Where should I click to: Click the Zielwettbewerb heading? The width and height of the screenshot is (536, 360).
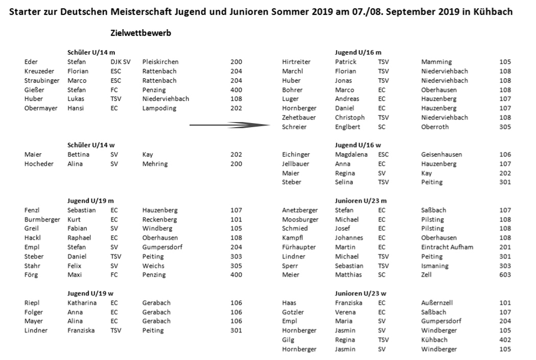141,33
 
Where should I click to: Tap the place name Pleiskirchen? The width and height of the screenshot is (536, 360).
160,62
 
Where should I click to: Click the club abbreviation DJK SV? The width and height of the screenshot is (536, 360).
121,62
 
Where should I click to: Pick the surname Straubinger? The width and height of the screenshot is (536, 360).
42,81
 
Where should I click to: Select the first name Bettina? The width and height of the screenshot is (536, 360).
78,155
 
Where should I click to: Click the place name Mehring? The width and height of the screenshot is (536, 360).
155,164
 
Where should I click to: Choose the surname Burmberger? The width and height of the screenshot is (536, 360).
42,220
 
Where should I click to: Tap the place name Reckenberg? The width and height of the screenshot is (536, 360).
159,220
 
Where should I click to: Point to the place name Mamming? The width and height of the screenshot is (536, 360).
436,62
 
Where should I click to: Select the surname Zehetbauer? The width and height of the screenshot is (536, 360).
299,117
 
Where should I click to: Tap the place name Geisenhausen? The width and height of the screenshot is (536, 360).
441,155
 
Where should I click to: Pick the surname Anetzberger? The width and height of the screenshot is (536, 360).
300,210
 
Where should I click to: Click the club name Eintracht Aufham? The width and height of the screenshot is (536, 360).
447,247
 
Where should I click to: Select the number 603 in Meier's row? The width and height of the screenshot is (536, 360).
505,275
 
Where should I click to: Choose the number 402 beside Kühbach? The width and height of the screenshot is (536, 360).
505,340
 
